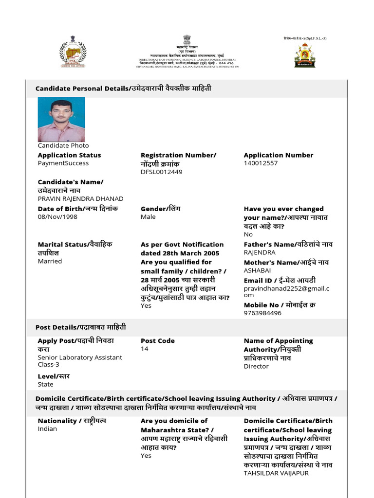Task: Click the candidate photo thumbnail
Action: point(61,120)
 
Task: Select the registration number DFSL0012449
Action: point(162,172)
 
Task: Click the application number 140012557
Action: point(261,163)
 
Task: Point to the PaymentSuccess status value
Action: point(63,163)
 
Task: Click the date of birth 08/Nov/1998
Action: point(57,216)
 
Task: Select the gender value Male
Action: point(148,216)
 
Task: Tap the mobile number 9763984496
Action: point(262,313)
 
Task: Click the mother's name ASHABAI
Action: point(257,270)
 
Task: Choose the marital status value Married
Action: point(50,261)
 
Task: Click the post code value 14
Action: point(145,349)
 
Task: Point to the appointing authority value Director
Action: point(256,366)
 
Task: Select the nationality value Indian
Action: point(47,428)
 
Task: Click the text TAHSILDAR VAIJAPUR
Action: point(276,473)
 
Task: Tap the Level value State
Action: point(46,384)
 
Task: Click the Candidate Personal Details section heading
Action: point(123,89)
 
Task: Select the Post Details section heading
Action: point(80,327)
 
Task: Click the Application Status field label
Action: point(69,155)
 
